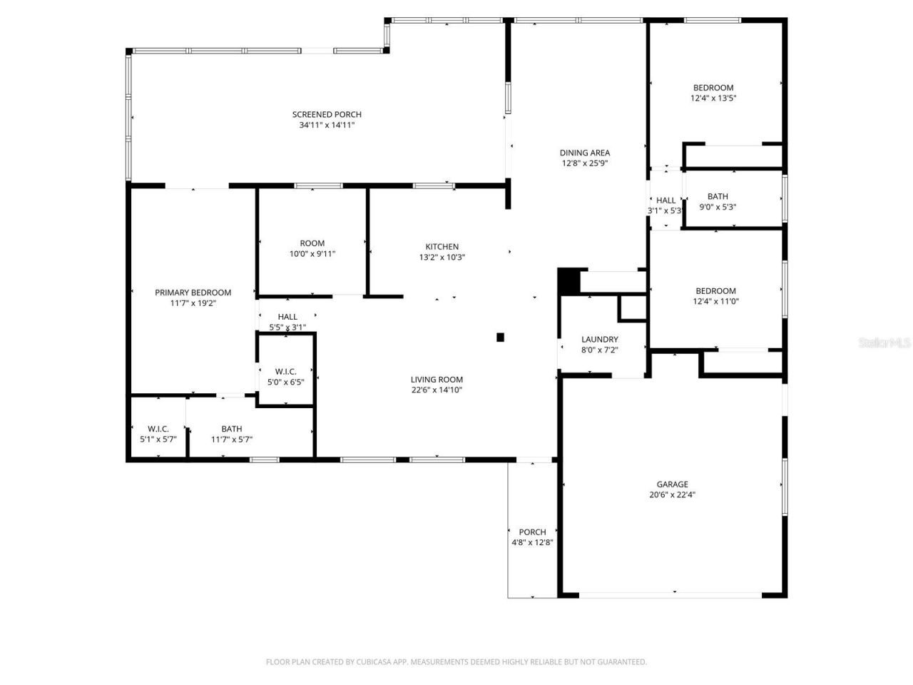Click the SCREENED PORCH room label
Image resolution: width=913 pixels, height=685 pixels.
click(x=327, y=114)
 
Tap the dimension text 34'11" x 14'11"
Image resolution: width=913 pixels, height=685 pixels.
click(x=327, y=125)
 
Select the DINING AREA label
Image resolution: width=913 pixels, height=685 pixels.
click(x=584, y=152)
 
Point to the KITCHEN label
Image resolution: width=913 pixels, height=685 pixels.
click(x=442, y=247)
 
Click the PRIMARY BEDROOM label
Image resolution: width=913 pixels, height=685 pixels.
click(x=193, y=293)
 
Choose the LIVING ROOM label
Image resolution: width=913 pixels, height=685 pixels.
click(x=437, y=380)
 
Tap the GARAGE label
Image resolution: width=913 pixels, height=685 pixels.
click(x=672, y=484)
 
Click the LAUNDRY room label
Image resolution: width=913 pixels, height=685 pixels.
click(x=599, y=340)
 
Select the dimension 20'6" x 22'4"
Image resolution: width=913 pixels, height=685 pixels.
click(x=672, y=494)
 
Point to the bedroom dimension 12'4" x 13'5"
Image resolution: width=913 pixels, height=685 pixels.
click(x=713, y=98)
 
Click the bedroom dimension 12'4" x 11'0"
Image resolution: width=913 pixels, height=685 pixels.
click(x=715, y=301)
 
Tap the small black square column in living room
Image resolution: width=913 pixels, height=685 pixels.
click(x=501, y=338)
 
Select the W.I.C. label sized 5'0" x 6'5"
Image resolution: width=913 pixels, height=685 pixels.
click(x=285, y=371)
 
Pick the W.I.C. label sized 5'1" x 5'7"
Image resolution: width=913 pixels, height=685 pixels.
click(x=158, y=429)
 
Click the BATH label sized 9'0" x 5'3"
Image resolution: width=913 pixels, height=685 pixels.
click(x=718, y=196)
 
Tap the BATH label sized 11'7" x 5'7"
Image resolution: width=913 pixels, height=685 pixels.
click(x=231, y=429)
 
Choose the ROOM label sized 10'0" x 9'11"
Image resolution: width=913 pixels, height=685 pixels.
click(x=312, y=243)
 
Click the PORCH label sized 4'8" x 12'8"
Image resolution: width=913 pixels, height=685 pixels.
click(x=532, y=532)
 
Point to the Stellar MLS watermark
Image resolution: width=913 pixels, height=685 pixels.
click(x=884, y=343)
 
